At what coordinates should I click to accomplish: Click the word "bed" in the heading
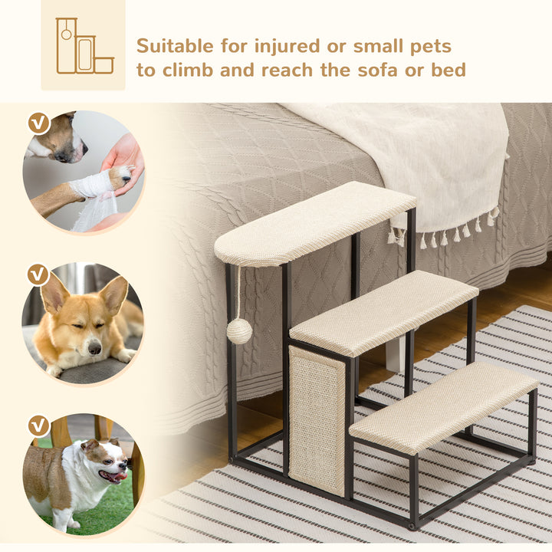[x=447, y=71]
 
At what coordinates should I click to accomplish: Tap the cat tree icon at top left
[x=83, y=46]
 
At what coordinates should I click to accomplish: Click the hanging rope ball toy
[x=239, y=331]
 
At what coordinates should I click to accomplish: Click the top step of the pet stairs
[x=314, y=222]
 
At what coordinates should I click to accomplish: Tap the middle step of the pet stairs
[x=383, y=311]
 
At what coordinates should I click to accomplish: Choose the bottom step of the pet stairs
[x=443, y=406]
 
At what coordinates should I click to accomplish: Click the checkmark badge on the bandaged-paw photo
[x=38, y=123]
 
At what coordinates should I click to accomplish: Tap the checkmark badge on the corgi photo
[x=38, y=274]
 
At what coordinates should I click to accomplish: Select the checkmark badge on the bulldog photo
[x=38, y=426]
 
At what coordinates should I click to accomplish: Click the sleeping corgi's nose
[x=94, y=348]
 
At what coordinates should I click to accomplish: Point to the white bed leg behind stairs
[x=395, y=354]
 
